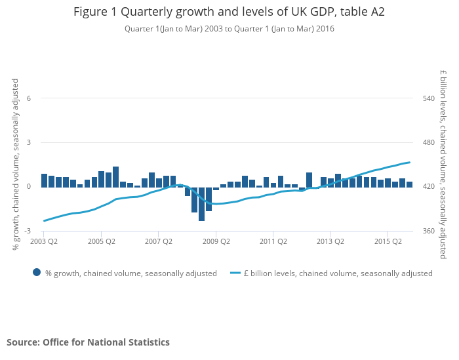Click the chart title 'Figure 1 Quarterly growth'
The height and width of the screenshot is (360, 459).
pos(229,12)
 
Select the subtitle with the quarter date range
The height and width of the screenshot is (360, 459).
pos(229,29)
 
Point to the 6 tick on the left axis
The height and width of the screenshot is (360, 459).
pos(29,98)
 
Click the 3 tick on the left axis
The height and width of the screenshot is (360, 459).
pos(29,142)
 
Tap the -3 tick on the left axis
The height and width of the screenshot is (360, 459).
pos(28,231)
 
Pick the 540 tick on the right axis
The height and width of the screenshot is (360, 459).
pos(429,98)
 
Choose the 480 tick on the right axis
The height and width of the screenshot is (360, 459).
pos(429,142)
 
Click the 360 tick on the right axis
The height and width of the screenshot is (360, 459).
pos(429,231)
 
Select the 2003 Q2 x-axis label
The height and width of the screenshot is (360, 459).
pos(44,241)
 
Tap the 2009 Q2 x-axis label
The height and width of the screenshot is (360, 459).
pos(216,241)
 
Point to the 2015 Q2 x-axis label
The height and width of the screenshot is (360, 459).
pos(388,241)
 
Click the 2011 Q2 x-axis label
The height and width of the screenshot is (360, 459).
pos(273,241)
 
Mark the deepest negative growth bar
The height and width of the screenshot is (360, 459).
pos(202,204)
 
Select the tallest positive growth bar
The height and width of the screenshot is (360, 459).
pos(116,176)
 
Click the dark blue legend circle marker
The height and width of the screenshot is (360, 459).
pos(37,273)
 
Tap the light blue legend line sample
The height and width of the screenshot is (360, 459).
pos(235,273)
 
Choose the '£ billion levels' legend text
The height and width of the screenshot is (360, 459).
pos(338,273)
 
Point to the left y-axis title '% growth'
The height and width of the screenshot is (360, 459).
pos(16,164)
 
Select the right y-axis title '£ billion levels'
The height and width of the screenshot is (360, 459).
pos(443,164)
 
